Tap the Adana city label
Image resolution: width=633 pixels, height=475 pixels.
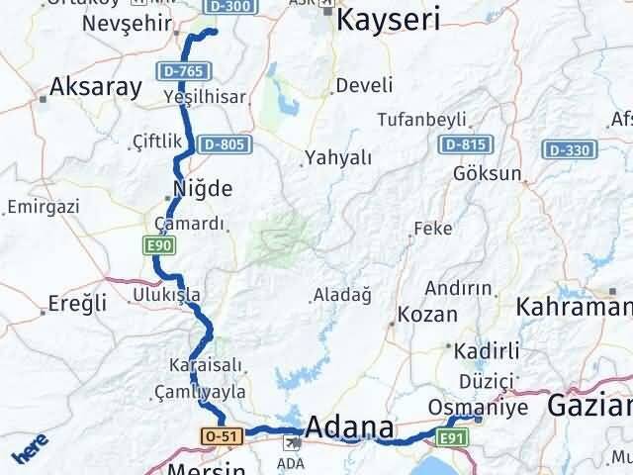point(349,427)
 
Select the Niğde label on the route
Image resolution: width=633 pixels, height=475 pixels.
point(203,188)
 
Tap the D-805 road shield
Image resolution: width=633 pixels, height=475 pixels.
point(223,144)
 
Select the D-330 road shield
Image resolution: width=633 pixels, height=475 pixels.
point(569,149)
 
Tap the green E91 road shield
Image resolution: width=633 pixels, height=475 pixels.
point(452,436)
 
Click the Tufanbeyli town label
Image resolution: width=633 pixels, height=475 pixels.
point(421,120)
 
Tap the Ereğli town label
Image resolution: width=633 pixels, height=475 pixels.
point(74,304)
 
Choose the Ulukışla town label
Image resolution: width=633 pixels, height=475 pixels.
point(166,295)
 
